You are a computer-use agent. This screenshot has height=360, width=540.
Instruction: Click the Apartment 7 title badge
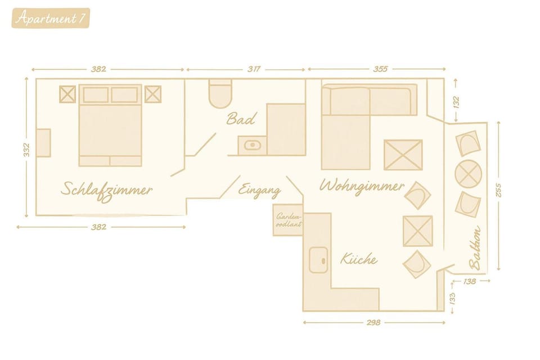pyautogui.click(x=50, y=18)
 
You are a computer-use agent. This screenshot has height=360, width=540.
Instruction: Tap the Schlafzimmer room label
pyautogui.click(x=107, y=189)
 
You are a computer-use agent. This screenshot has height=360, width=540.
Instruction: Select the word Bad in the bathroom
pyautogui.click(x=241, y=119)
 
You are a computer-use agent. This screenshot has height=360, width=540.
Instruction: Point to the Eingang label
pyautogui.click(x=259, y=190)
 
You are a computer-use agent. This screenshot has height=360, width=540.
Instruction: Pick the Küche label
pyautogui.click(x=358, y=259)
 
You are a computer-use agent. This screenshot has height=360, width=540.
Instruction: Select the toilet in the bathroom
pyautogui.click(x=220, y=93)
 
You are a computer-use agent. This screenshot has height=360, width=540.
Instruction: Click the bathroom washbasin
pyautogui.click(x=253, y=145)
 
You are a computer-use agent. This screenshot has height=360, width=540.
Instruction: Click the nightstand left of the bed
pyautogui.click(x=67, y=94)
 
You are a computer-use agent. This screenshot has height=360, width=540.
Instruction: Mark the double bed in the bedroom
pyautogui.click(x=110, y=126)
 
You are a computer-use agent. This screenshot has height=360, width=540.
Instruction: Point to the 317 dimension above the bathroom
pyautogui.click(x=254, y=69)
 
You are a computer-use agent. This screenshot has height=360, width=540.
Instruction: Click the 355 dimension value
pyautogui.click(x=380, y=69)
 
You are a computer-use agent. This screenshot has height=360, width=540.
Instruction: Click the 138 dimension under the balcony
pyautogui.click(x=470, y=280)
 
